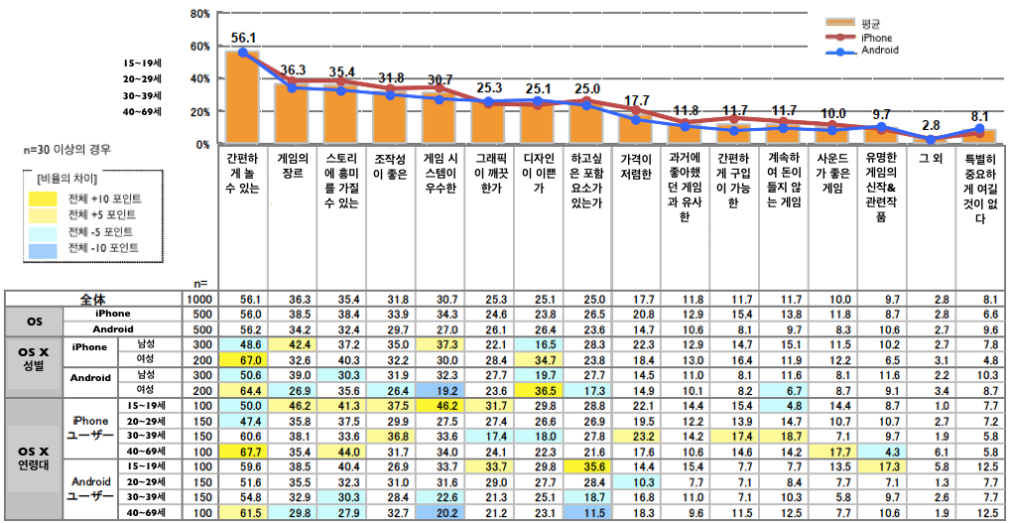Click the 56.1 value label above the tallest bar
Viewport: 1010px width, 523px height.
pyautogui.click(x=243, y=38)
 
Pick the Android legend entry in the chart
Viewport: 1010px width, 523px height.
pyautogui.click(x=880, y=50)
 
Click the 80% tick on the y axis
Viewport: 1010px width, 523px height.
pyautogui.click(x=198, y=14)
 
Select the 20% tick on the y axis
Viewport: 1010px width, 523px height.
pyautogui.click(x=198, y=111)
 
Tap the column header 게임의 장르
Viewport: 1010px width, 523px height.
pyautogui.click(x=294, y=166)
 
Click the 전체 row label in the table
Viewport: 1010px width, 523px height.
pyautogui.click(x=94, y=298)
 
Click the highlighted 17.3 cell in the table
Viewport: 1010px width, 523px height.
pyautogui.click(x=880, y=466)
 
